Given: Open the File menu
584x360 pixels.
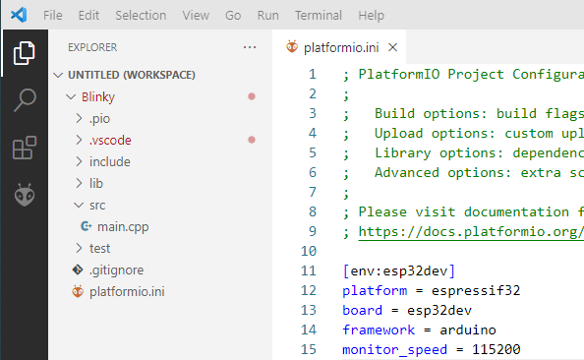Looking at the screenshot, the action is (x=52, y=16).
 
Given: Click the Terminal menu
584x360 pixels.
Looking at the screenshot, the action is (x=319, y=16).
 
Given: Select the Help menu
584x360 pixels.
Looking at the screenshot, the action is (x=371, y=16).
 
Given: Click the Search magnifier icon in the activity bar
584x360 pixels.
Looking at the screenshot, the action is (x=25, y=100).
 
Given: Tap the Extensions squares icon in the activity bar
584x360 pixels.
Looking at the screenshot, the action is (x=25, y=148).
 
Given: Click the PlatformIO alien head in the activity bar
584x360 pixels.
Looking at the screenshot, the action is (x=25, y=195).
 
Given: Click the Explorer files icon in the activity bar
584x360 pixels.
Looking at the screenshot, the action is (x=25, y=53).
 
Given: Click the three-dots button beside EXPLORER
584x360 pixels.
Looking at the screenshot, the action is (x=250, y=47).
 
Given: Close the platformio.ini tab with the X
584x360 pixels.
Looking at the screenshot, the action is (x=392, y=47).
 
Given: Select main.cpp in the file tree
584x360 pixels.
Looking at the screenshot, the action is (x=123, y=226).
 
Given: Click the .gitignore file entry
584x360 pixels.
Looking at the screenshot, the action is (x=116, y=270).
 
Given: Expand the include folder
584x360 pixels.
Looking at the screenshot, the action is (x=110, y=161).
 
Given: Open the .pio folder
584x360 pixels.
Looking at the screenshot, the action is (x=99, y=118).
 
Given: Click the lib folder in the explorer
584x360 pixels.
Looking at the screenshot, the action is (x=96, y=183).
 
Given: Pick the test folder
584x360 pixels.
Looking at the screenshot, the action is (x=99, y=248).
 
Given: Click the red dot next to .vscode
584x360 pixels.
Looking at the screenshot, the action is (x=252, y=140).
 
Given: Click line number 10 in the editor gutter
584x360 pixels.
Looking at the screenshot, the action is (x=309, y=251).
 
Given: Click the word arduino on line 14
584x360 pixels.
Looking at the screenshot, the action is (x=468, y=330).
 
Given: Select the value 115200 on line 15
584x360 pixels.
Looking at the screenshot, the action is (x=496, y=349).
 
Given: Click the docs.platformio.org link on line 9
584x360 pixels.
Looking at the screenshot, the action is (x=471, y=232).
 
